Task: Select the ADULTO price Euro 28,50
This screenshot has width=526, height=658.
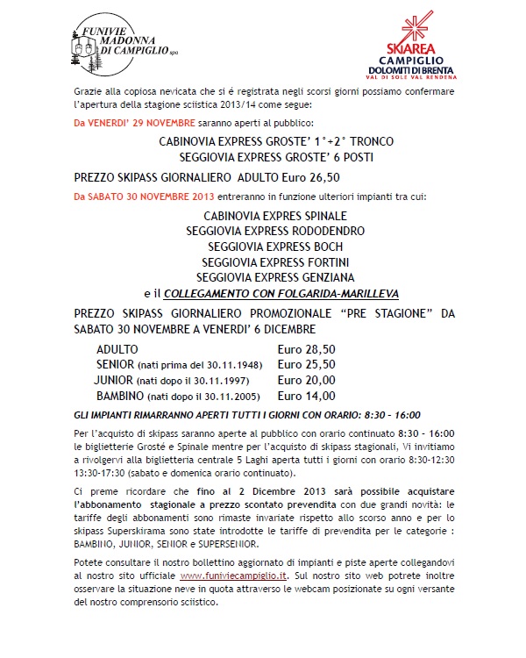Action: [x=307, y=349]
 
